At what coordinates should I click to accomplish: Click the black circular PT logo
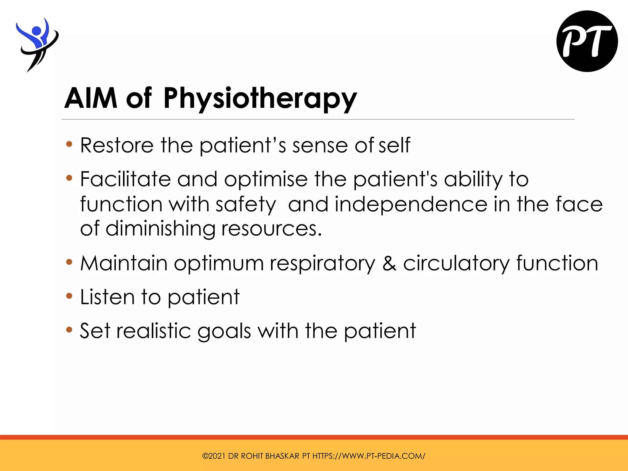click(x=587, y=41)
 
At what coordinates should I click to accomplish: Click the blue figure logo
click(x=37, y=43)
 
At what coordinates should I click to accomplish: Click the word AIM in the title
click(x=91, y=98)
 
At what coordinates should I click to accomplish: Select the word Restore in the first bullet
click(x=117, y=145)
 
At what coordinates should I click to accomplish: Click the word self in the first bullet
click(x=394, y=145)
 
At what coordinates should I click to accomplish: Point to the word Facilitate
click(x=125, y=179)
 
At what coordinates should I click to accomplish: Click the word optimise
click(x=266, y=180)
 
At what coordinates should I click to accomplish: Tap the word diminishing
click(x=160, y=229)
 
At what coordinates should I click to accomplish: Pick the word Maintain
click(x=124, y=263)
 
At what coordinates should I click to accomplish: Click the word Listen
click(x=107, y=297)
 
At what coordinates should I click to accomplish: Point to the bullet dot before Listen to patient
click(x=69, y=296)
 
